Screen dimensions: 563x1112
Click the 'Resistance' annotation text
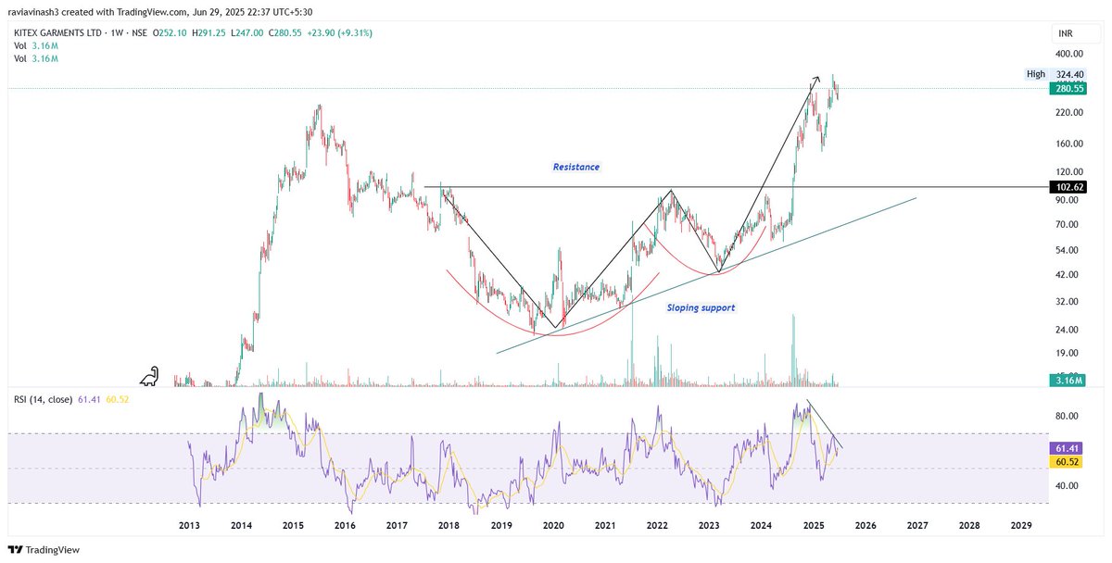coord(576,168)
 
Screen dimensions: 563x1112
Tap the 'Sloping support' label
coord(701,307)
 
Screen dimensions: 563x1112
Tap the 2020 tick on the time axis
coord(553,525)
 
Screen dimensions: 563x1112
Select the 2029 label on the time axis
coord(1020,525)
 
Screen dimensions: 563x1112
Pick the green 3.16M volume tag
coord(1065,381)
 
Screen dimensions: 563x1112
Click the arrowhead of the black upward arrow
coord(815,78)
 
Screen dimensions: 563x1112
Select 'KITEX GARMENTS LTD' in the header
coord(56,32)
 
